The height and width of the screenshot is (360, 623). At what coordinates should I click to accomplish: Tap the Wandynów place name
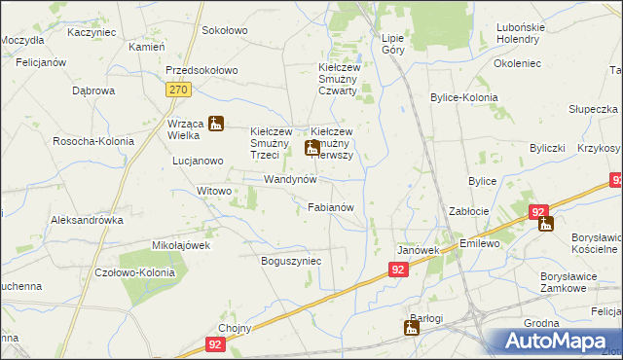pos(291,181)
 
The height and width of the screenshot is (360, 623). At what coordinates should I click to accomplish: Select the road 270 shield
pos(177,90)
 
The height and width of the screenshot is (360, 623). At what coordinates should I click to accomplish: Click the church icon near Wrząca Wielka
pos(216,124)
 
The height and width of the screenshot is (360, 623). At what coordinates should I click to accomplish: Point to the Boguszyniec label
pos(291,262)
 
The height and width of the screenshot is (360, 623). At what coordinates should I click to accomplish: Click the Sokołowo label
pos(225,31)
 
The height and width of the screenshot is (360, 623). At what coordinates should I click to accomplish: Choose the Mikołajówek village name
pos(181,245)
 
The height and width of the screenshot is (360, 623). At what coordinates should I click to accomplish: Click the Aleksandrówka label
pos(88,220)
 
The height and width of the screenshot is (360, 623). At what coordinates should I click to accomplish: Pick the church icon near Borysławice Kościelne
pos(546,224)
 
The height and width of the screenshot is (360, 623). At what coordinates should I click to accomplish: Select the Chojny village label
pos(236,328)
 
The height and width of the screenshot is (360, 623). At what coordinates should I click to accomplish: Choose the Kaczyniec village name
pos(92,32)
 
